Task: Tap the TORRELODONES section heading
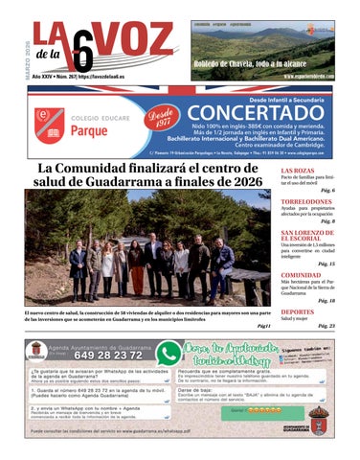point(306,201)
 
